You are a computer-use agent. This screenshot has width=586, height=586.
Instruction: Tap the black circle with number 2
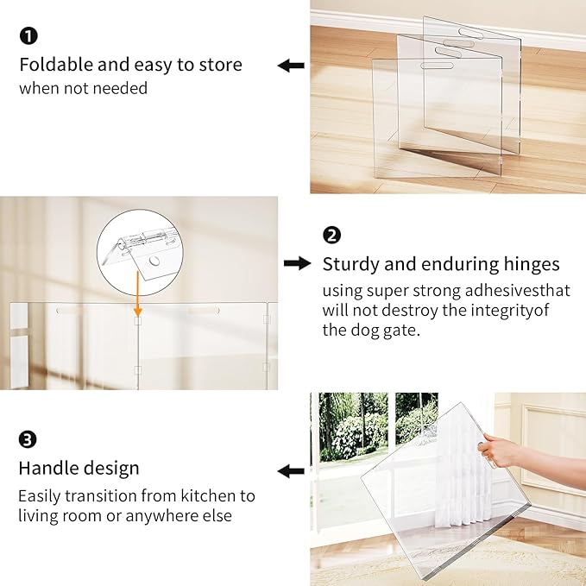pyautogui.click(x=331, y=235)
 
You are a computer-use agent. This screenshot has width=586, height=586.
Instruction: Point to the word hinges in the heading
pyautogui.click(x=528, y=263)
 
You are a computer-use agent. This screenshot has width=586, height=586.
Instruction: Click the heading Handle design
pyautogui.click(x=79, y=469)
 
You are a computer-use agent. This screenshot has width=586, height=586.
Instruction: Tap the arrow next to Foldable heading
pyautogui.click(x=290, y=65)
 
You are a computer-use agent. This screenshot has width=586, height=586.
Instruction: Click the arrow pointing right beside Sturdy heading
pyautogui.click(x=297, y=263)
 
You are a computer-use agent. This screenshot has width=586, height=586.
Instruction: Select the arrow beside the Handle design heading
pyautogui.click(x=290, y=470)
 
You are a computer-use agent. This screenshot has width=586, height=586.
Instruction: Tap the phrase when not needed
pyautogui.click(x=83, y=88)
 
